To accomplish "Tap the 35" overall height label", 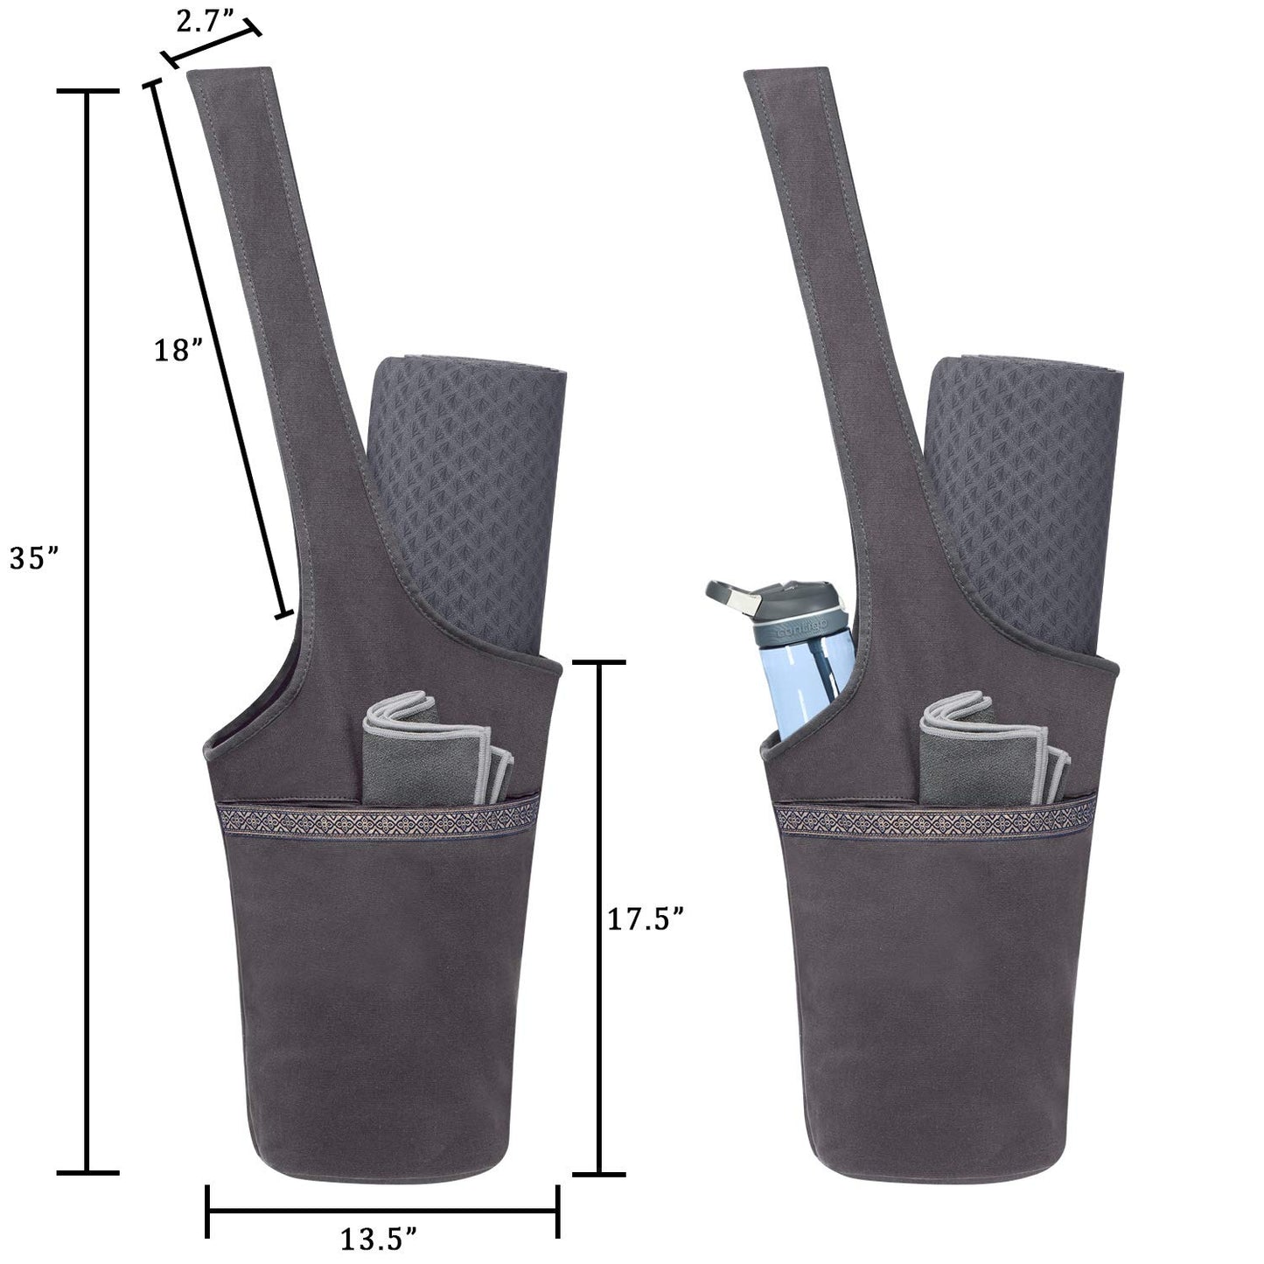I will (x=33, y=557).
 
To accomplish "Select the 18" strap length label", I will (x=178, y=351).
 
